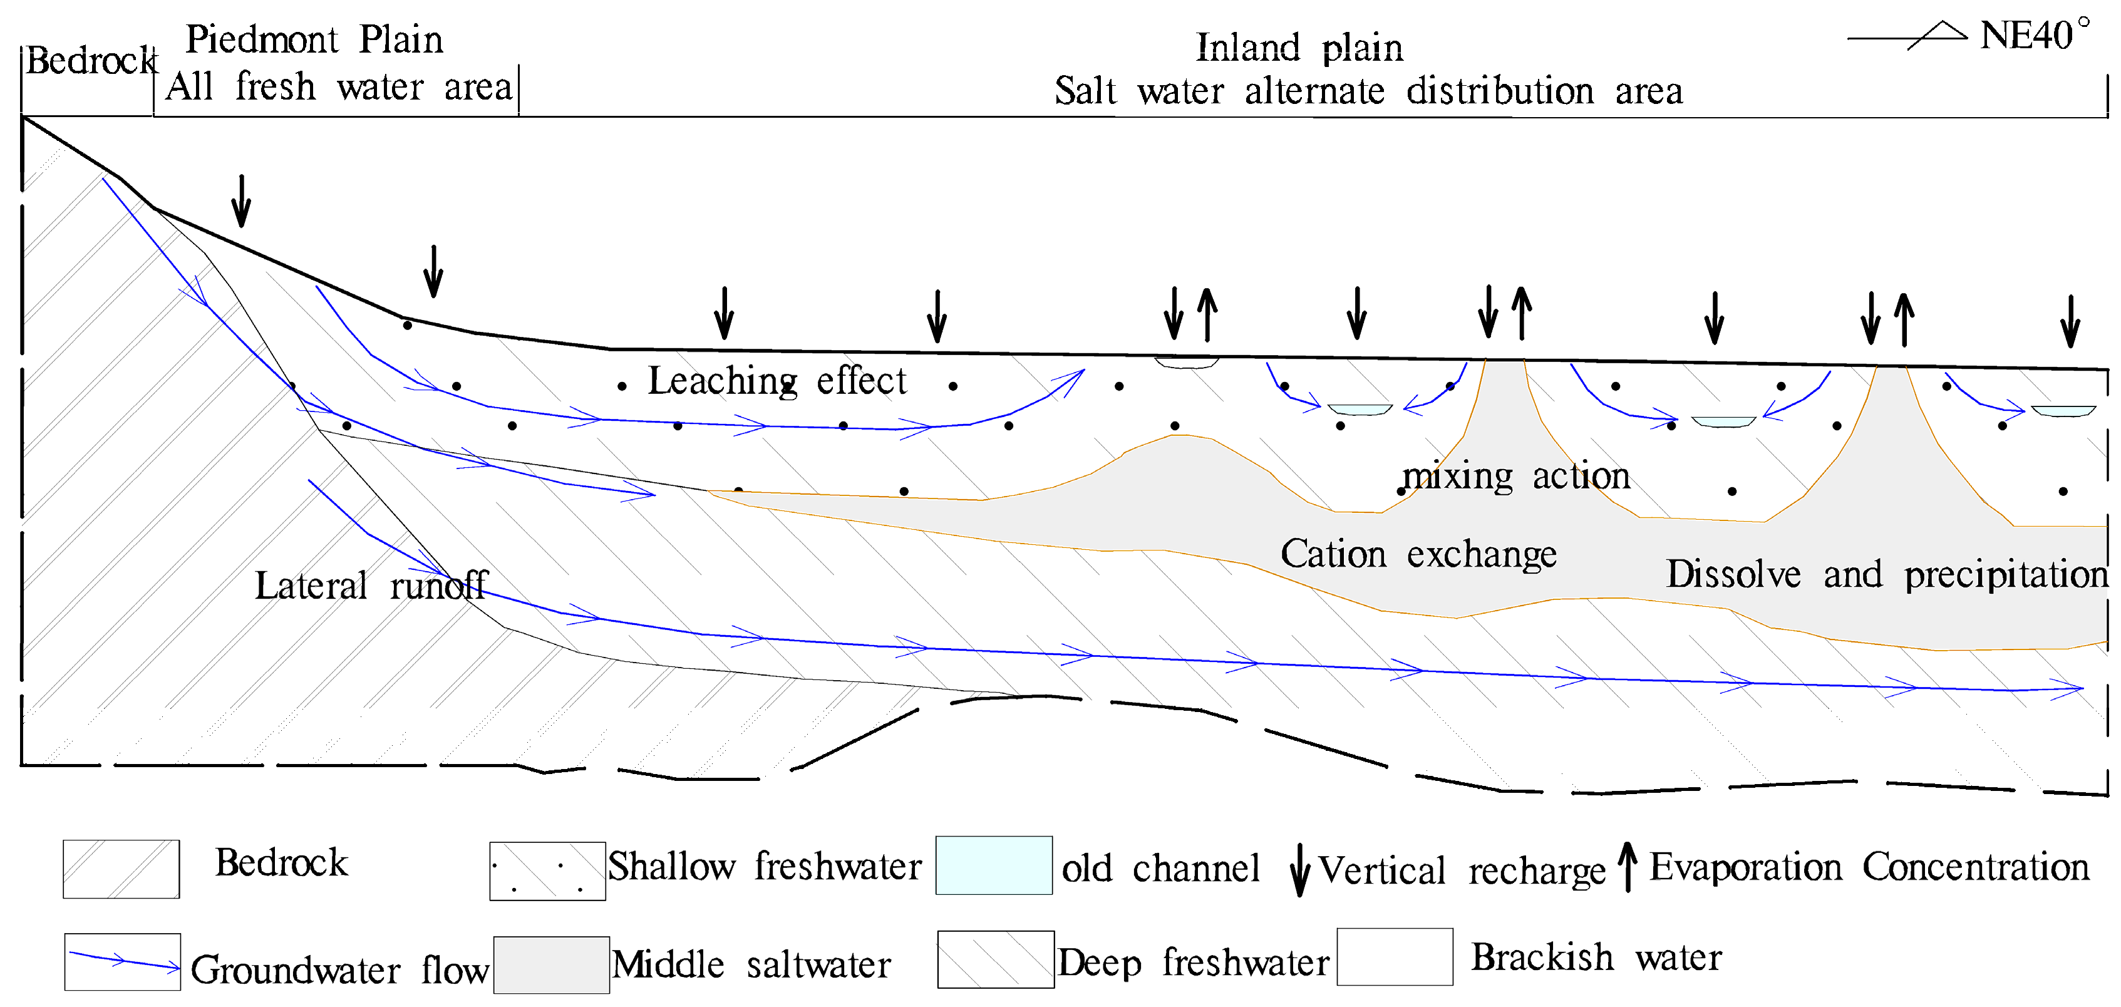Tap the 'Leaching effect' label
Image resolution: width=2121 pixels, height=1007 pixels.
click(777, 381)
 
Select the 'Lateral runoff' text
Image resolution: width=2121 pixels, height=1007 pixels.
click(371, 586)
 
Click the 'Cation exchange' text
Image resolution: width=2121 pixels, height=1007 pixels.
click(1418, 554)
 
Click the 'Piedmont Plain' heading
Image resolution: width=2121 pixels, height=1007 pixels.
click(314, 39)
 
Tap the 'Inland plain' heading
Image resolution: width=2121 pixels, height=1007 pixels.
click(1299, 48)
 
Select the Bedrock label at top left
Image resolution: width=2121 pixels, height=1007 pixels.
click(90, 61)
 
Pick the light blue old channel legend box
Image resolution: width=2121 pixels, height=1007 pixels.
click(994, 865)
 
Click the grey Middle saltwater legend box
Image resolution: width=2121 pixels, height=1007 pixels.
click(551, 964)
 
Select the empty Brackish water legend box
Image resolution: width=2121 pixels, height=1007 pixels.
click(1394, 957)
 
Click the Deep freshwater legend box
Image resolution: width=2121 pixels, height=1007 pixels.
click(996, 959)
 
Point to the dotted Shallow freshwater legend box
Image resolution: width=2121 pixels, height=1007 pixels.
click(547, 870)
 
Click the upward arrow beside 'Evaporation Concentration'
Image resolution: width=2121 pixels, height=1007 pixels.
click(1627, 866)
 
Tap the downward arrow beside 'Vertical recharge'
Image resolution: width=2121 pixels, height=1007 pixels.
click(1299, 869)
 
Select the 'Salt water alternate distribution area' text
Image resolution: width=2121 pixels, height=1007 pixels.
click(1368, 91)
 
